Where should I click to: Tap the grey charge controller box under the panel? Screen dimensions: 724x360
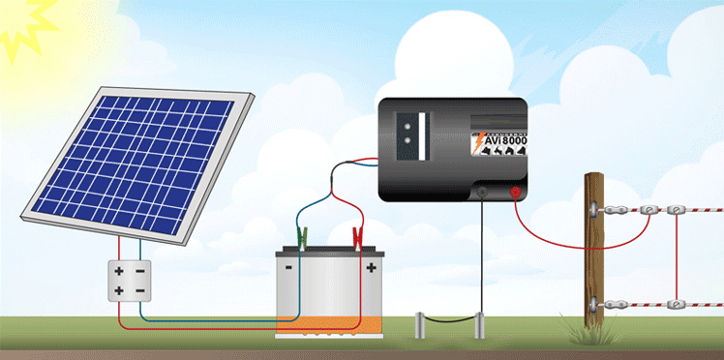tap(129, 280)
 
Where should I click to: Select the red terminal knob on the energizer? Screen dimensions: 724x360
tap(516, 193)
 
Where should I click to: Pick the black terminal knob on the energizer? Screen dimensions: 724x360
tap(482, 193)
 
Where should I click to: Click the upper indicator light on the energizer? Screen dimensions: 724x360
tap(421, 125)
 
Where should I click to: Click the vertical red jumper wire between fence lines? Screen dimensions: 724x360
tap(673, 256)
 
